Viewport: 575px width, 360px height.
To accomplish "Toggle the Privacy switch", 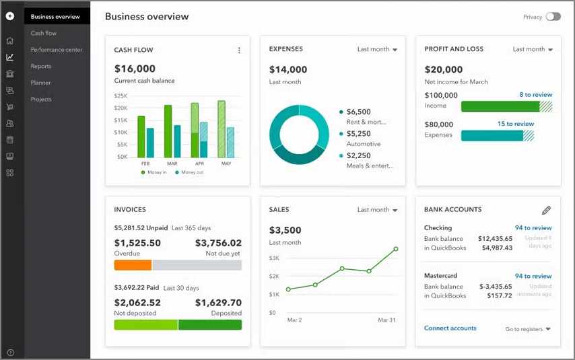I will pyautogui.click(x=553, y=17).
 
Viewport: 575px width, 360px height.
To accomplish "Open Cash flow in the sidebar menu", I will pyautogui.click(x=44, y=33).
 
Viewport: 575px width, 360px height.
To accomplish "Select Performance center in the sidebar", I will pyautogui.click(x=57, y=50).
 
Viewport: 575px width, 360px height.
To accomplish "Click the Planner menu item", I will pyautogui.click(x=40, y=83).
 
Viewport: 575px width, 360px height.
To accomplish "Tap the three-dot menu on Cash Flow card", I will pyautogui.click(x=239, y=50).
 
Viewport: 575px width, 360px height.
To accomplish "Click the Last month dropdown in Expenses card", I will pyautogui.click(x=377, y=49).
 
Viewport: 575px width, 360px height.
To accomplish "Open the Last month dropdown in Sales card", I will pyautogui.click(x=377, y=210).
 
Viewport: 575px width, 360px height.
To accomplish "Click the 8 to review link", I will pyautogui.click(x=535, y=95).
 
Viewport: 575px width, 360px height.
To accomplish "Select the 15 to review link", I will pyautogui.click(x=515, y=124).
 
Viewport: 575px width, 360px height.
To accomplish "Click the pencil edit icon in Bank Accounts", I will pyautogui.click(x=546, y=211).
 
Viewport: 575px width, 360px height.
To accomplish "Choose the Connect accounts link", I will pyautogui.click(x=450, y=328).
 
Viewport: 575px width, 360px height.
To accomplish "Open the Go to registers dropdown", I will pyautogui.click(x=528, y=329).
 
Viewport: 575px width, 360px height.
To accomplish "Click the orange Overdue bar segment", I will pyautogui.click(x=133, y=265).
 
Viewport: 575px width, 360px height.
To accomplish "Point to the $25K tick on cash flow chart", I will pyautogui.click(x=121, y=96).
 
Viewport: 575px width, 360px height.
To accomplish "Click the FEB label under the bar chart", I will pyautogui.click(x=145, y=164).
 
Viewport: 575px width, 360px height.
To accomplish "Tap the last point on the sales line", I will pyautogui.click(x=395, y=249).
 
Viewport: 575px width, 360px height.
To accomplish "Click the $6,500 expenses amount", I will pyautogui.click(x=358, y=112).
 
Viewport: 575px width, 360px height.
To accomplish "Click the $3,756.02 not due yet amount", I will pyautogui.click(x=218, y=243).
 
